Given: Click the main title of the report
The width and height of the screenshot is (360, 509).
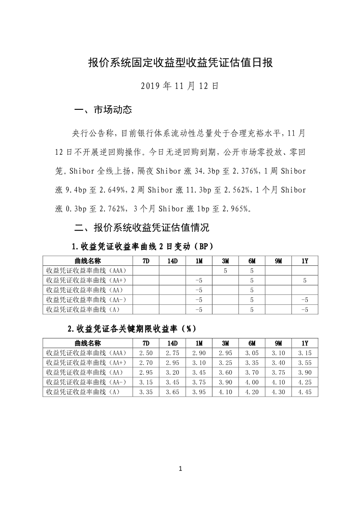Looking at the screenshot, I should coord(180,63).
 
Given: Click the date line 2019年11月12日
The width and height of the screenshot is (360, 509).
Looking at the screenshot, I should coord(180,85).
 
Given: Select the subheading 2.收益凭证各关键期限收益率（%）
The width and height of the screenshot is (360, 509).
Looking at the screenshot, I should coord(132,328).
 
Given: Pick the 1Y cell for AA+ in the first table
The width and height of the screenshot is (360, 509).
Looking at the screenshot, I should coord(305,281).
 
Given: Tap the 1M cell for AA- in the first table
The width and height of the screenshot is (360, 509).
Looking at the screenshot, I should coord(198,300).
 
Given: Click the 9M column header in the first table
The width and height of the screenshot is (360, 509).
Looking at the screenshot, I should coord(278,261).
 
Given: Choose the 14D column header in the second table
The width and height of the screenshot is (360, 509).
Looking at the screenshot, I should coord(173,343).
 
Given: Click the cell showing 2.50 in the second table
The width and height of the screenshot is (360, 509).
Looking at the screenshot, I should coord(146,352).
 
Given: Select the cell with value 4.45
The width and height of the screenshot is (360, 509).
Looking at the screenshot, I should coord(305,392).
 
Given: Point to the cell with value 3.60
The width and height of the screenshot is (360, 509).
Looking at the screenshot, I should coord(226,372).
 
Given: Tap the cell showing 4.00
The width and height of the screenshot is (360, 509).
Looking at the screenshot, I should coord(252,382).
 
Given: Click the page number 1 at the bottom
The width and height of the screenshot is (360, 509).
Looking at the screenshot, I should coord(180,469).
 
